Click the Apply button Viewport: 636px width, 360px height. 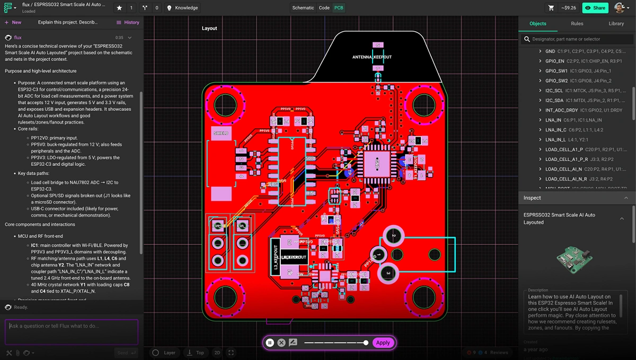pyautogui.click(x=383, y=343)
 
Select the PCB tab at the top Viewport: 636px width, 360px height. pyautogui.click(x=339, y=8)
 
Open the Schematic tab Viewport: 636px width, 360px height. pyautogui.click(x=303, y=8)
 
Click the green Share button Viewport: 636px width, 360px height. pyautogui.click(x=595, y=8)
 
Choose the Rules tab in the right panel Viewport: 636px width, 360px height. pyautogui.click(x=577, y=23)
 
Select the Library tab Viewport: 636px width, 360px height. pyautogui.click(x=616, y=23)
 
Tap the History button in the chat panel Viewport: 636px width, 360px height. pyautogui.click(x=128, y=22)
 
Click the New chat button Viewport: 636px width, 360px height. pyautogui.click(x=13, y=22)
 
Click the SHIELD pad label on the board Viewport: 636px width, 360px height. pyautogui.click(x=221, y=134)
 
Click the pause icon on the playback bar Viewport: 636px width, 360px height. pyautogui.click(x=270, y=343)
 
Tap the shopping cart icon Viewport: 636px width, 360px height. pyautogui.click(x=551, y=8)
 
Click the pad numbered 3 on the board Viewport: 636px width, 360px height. pyautogui.click(x=388, y=273)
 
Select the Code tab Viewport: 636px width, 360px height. pyautogui.click(x=324, y=8)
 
